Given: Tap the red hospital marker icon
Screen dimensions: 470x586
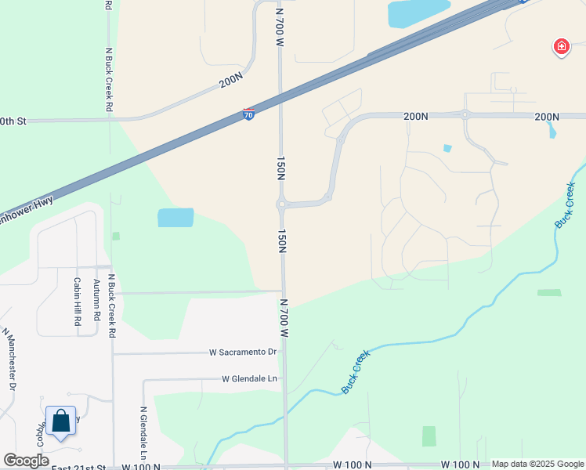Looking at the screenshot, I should click(561, 48).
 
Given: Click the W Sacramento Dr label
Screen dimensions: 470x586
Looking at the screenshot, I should click(244, 352).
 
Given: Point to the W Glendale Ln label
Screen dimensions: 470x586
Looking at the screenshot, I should click(250, 379).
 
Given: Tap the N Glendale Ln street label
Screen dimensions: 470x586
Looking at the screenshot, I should click(144, 432).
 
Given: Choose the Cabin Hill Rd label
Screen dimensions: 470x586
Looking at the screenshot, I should click(78, 302).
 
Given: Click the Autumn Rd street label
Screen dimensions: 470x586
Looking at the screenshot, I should click(97, 299).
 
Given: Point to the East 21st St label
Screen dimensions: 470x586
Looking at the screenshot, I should click(78, 467).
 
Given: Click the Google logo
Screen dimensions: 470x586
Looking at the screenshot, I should click(26, 461).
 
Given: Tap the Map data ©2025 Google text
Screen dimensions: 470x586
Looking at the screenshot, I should click(537, 464).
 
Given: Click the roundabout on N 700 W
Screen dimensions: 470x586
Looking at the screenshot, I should click(281, 205).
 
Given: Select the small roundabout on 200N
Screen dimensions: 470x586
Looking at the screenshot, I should click(465, 115).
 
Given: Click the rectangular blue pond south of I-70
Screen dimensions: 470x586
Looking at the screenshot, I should click(175, 218).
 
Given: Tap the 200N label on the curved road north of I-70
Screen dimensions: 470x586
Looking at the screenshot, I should click(231, 81).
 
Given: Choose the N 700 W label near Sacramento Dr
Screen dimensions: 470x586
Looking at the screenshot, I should click(285, 316).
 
